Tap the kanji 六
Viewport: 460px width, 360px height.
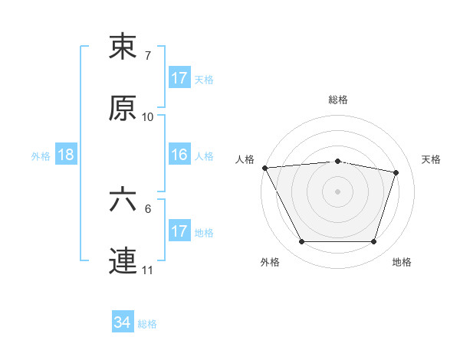point(123,200)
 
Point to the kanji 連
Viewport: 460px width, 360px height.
point(123,261)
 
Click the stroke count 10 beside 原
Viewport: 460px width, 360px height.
point(148,117)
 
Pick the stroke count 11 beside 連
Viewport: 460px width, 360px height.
point(148,270)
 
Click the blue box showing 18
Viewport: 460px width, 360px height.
point(66,155)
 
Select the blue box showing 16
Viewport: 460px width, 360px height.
point(179,155)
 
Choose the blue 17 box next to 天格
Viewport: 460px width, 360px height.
point(179,78)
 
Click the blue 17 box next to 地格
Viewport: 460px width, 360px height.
point(179,231)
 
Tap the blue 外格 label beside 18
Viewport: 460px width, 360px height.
point(41,155)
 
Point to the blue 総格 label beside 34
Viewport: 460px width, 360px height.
point(147,324)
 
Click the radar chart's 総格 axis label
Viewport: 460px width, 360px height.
point(338,100)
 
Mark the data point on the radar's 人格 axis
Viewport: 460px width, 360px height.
point(264,168)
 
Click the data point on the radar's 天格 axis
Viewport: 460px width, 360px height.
point(396,172)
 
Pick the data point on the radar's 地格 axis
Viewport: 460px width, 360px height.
point(374,242)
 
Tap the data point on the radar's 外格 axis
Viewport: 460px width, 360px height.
point(301,242)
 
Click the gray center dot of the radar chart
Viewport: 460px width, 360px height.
point(338,191)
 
